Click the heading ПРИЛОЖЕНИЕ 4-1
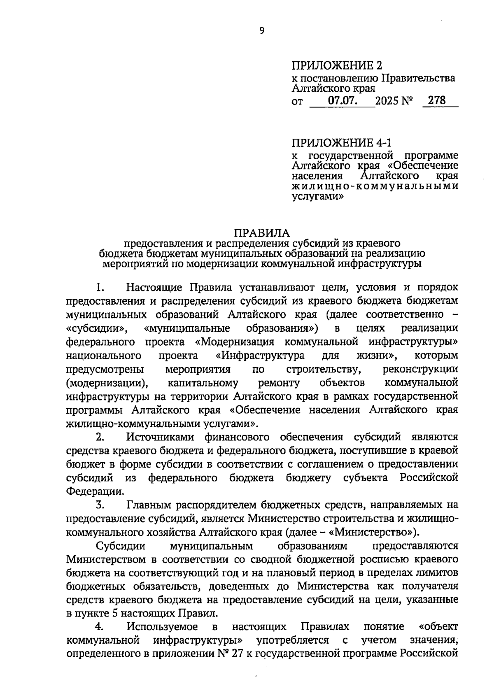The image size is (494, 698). click(x=342, y=143)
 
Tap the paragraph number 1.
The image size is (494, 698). click(x=99, y=287)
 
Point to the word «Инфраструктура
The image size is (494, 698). click(x=260, y=356)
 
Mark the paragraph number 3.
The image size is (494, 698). click(x=99, y=505)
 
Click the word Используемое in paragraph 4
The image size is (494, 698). click(x=162, y=627)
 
